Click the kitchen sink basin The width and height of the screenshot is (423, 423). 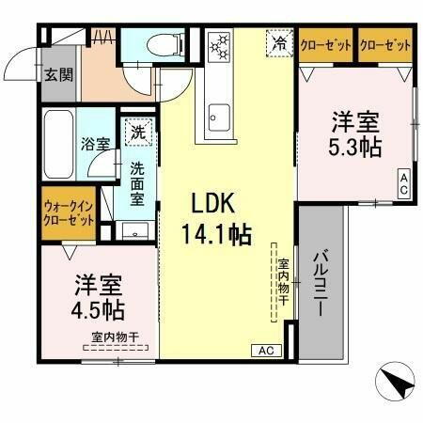(218, 118)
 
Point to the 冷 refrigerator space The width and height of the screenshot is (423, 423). (279, 41)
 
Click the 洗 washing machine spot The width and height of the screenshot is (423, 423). (138, 133)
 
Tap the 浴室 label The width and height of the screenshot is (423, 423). (95, 146)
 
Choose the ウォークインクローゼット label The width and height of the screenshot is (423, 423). (69, 211)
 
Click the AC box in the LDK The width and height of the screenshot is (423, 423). (265, 350)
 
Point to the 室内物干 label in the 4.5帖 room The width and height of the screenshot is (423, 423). (115, 337)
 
